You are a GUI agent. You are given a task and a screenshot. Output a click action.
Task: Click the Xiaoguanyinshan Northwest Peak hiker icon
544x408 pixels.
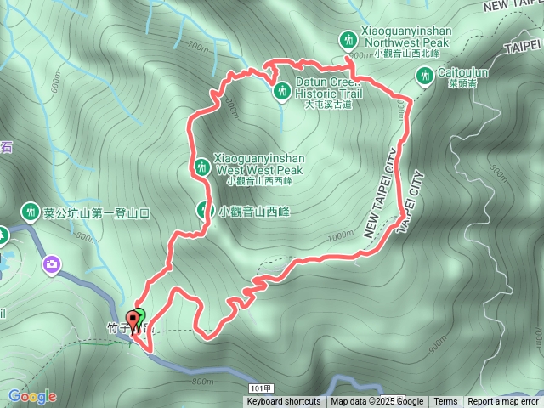click(x=348, y=39)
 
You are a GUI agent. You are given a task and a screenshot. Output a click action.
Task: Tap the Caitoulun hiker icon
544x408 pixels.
click(x=423, y=77)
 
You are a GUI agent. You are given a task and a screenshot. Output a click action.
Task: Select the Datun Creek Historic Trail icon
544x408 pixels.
click(x=282, y=89)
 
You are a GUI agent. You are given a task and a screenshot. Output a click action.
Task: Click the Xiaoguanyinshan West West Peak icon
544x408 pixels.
click(x=201, y=167)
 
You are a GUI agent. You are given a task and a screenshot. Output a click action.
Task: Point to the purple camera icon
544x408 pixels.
click(x=53, y=264)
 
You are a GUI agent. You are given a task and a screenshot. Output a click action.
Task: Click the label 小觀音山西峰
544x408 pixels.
click(x=253, y=212)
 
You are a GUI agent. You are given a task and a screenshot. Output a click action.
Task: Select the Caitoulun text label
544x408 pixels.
click(x=463, y=73)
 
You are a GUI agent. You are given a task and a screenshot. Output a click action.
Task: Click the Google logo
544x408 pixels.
click(x=32, y=396)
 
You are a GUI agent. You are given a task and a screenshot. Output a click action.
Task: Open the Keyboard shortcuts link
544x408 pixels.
click(x=284, y=402)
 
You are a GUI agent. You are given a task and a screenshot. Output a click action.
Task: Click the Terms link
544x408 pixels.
click(x=445, y=402)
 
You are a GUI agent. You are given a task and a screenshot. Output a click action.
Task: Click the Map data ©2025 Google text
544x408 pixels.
click(x=377, y=402)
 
